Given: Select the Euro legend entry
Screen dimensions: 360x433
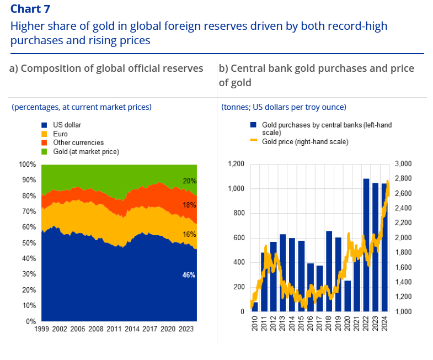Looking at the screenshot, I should pyautogui.click(x=60, y=134).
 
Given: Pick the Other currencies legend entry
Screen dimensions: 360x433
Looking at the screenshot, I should pyautogui.click(x=78, y=142).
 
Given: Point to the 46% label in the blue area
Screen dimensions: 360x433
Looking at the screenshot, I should pyautogui.click(x=189, y=275).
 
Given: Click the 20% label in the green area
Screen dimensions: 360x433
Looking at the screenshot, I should pyautogui.click(x=189, y=181).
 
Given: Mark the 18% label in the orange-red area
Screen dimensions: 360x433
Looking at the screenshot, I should pyautogui.click(x=189, y=205).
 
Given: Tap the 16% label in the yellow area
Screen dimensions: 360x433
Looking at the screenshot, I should pyautogui.click(x=189, y=235).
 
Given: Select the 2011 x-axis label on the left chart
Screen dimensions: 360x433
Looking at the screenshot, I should pyautogui.click(x=114, y=329).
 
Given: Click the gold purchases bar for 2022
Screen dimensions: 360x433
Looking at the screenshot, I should pyautogui.click(x=366, y=245).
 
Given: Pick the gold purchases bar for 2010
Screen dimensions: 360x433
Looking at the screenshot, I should pyautogui.click(x=255, y=306).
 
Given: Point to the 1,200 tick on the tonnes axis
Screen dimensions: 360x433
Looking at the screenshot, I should pyautogui.click(x=236, y=165).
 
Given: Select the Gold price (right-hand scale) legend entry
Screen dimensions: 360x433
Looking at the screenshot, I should pyautogui.click(x=304, y=142).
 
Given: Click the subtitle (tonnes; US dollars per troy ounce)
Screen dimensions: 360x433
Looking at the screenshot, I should pyautogui.click(x=284, y=107).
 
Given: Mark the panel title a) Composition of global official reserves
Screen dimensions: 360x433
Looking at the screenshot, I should pyautogui.click(x=106, y=68).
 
